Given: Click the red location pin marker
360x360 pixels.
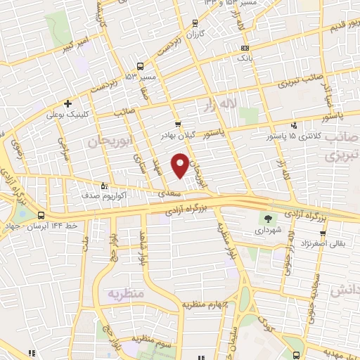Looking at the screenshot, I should [x=181, y=165].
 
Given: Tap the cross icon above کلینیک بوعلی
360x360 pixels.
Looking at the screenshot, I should [x=67, y=102].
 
